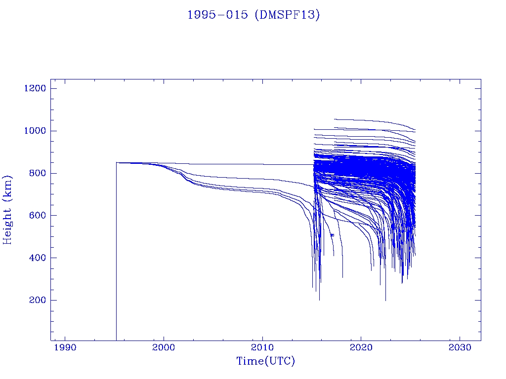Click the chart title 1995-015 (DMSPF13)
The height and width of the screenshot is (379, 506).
253,15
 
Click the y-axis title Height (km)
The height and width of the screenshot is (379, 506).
7,209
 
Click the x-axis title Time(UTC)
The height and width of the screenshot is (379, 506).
265,361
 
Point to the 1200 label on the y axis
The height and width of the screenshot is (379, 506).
35,88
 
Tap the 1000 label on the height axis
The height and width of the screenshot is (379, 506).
35,131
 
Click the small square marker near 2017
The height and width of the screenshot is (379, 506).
332,235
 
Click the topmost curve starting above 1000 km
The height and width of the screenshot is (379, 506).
366,120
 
